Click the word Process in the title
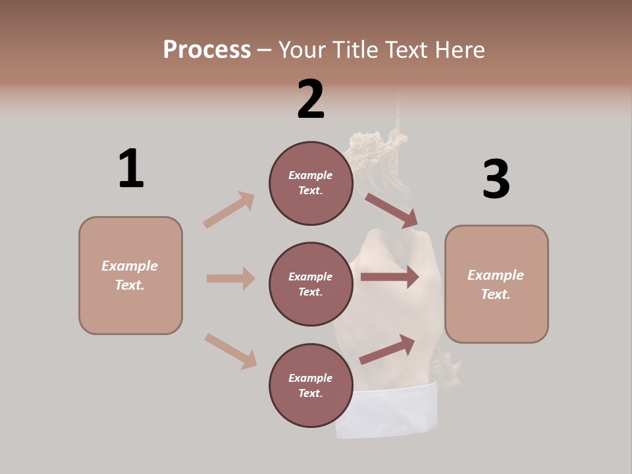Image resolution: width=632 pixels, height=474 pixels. pos(207,50)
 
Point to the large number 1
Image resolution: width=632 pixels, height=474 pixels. pos(131,168)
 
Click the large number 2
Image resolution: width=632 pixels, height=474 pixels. pos(311,99)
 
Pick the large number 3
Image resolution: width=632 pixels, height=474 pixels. pos(496,179)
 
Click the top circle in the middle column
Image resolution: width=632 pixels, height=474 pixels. pos(311,183)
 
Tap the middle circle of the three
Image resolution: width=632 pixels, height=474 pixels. pos(311,284)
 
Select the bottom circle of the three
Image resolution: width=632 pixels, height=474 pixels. pos(311,385)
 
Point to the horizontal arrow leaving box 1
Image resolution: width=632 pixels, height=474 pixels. pos(230,278)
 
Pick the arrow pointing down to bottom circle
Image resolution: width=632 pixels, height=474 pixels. pos(231,351)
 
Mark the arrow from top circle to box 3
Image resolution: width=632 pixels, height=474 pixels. pos(392,210)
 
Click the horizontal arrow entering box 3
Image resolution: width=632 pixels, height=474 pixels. pos(390,277)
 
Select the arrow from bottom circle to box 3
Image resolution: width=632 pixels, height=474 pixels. pos(387,349)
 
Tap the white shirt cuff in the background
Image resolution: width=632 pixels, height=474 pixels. pos(388,411)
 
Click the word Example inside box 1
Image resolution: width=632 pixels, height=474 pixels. pos(130,266)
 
